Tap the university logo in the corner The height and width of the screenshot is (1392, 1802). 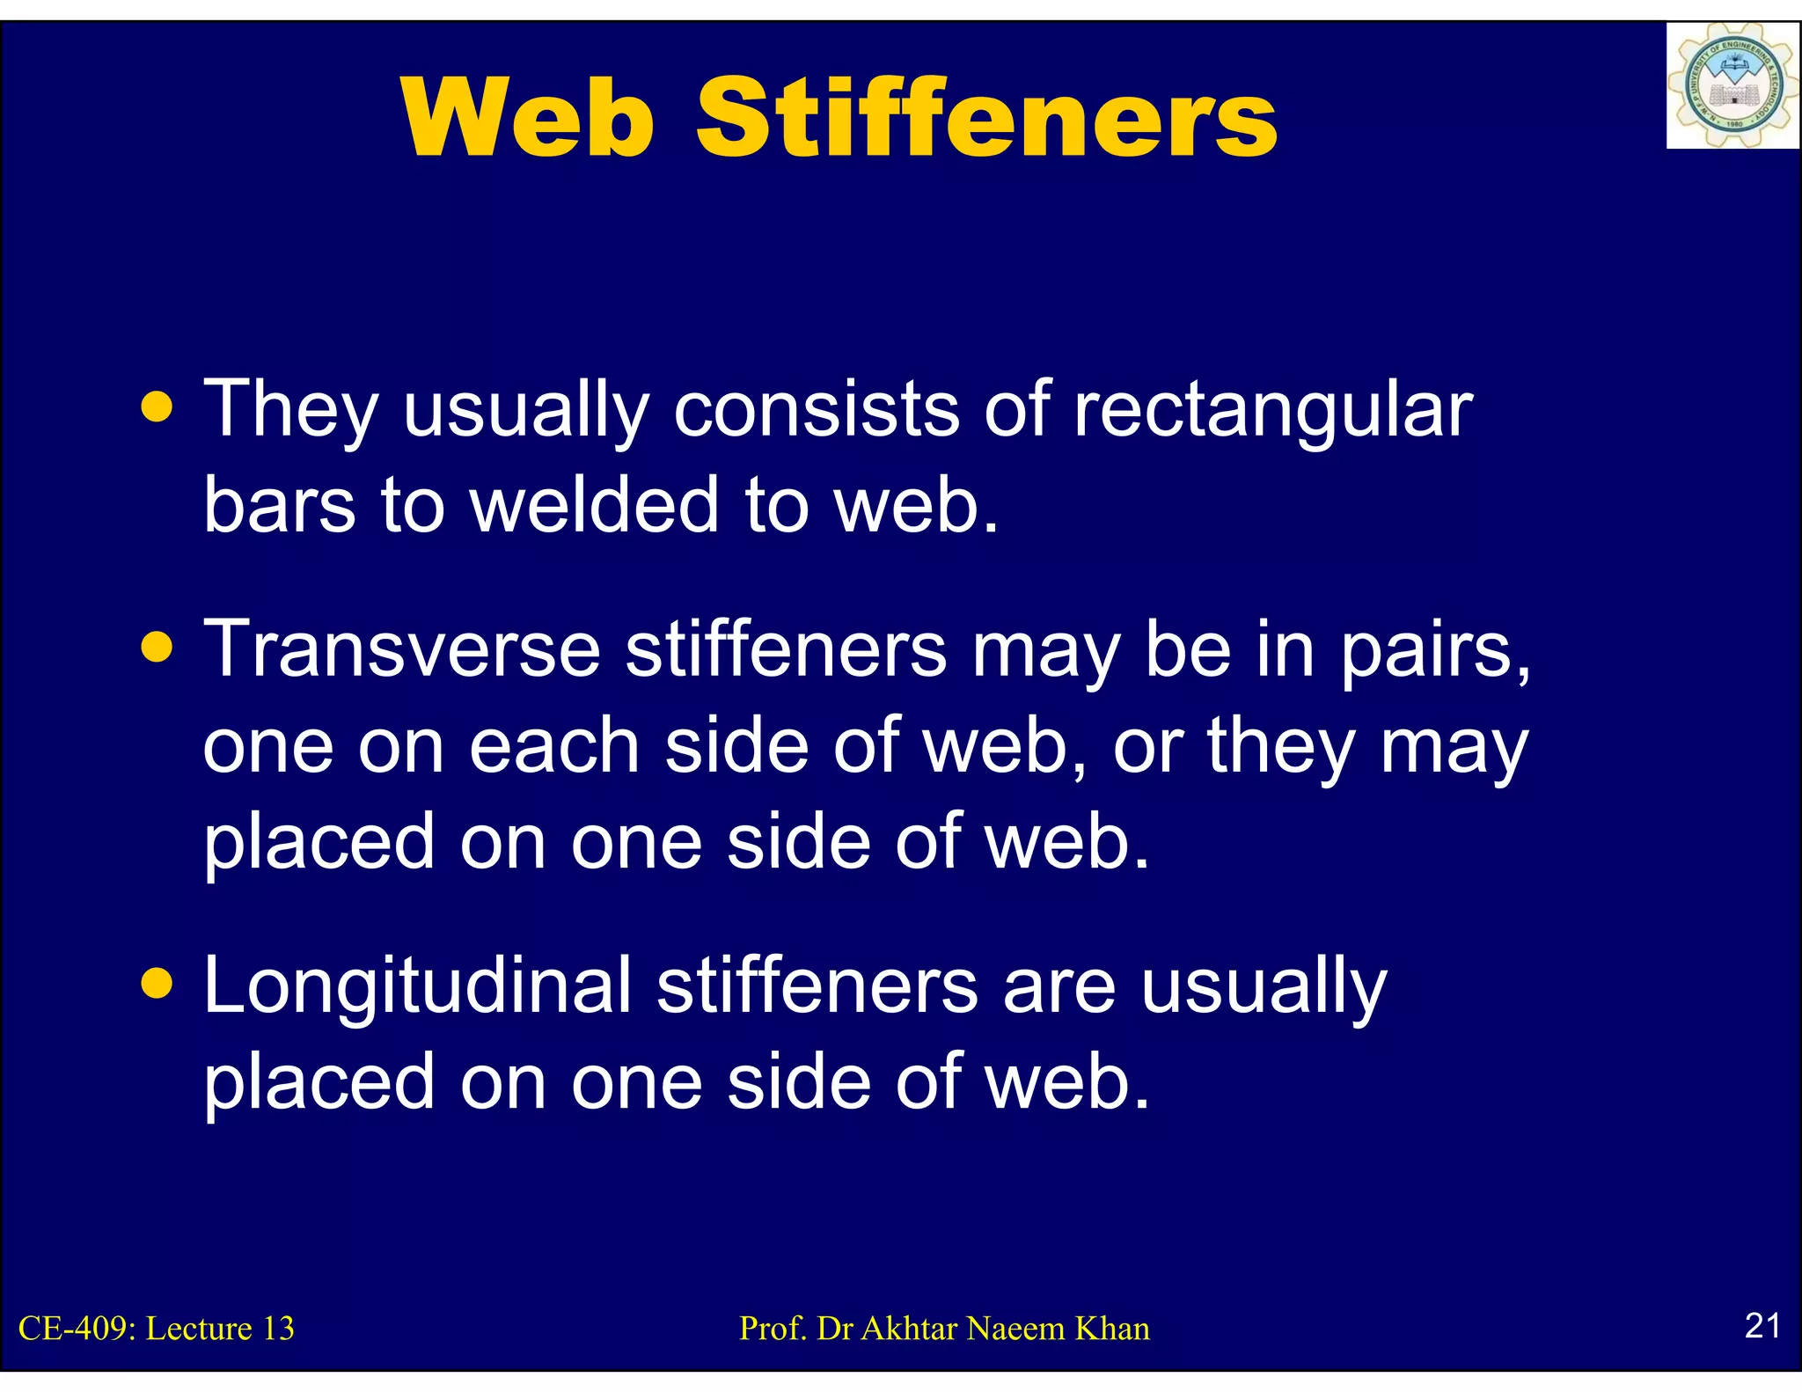pyautogui.click(x=1732, y=86)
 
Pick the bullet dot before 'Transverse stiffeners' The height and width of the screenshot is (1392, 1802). pyautogui.click(x=157, y=648)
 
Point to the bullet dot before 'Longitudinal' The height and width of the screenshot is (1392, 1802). pyautogui.click(x=157, y=984)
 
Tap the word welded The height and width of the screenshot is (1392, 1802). pyautogui.click(x=595, y=505)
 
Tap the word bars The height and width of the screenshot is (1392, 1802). pyautogui.click(x=279, y=505)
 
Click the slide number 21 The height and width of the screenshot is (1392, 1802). pyautogui.click(x=1762, y=1325)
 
